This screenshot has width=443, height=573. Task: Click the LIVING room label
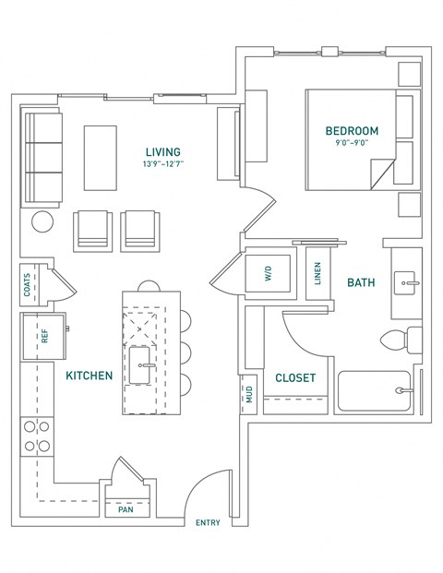[x=163, y=152]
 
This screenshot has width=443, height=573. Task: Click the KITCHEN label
[x=90, y=376]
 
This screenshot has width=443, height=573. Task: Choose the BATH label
[x=360, y=283]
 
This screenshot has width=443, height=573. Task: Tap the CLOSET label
[x=295, y=378]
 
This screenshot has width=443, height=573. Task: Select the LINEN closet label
[x=317, y=274]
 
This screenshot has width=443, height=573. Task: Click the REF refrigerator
[x=43, y=337]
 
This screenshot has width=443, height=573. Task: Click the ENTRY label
[x=208, y=523]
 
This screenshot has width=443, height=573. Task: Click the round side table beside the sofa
[x=43, y=221]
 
